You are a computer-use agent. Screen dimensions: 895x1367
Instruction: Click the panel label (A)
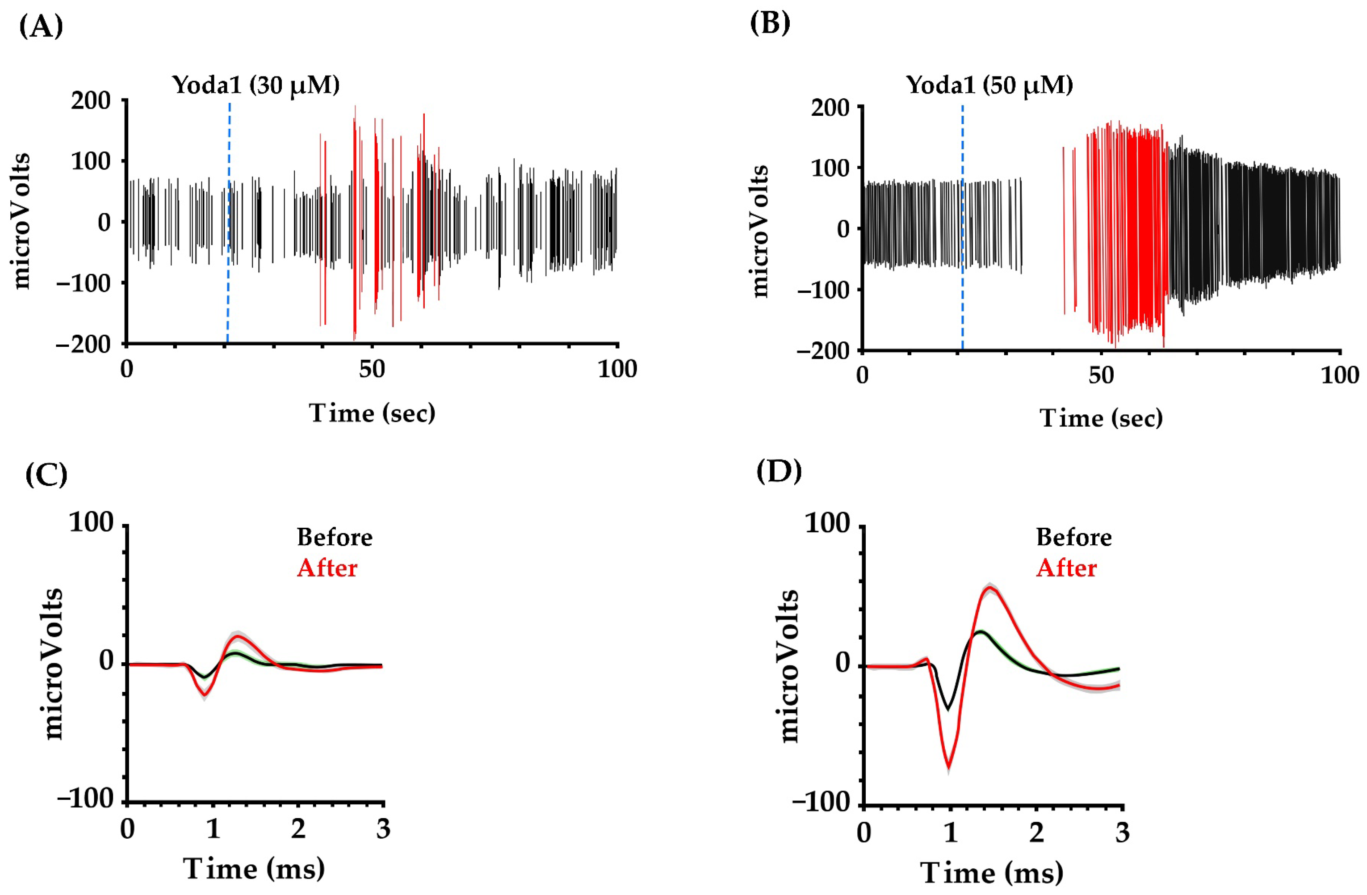(41, 26)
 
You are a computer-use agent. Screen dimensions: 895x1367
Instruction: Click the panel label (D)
(778, 471)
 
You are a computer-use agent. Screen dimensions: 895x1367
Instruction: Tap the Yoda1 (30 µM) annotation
(256, 85)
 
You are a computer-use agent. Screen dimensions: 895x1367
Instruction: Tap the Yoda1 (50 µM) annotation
(990, 85)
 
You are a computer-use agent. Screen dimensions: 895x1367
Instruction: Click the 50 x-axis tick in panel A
(372, 369)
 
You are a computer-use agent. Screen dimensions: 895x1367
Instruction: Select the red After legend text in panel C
(327, 568)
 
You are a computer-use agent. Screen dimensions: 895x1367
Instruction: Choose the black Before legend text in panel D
(1074, 538)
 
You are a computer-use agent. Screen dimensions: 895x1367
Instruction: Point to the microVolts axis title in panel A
(21, 221)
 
